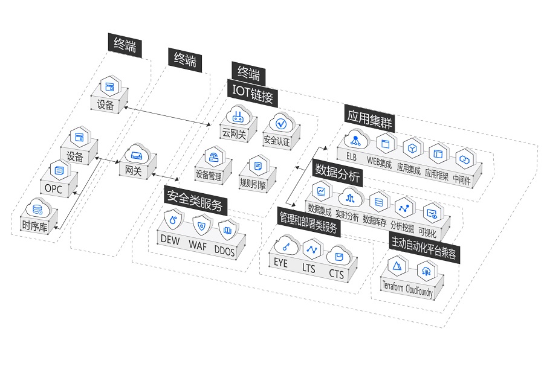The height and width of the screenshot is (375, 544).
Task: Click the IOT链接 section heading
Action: (x=253, y=95)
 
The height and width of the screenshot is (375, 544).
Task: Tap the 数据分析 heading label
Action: (x=337, y=173)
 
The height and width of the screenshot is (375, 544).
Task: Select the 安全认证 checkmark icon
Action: (x=281, y=123)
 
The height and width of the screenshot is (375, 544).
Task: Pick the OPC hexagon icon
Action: (x=59, y=170)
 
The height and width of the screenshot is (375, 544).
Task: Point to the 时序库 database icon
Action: (x=38, y=210)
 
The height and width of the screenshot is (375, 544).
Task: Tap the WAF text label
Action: (x=198, y=246)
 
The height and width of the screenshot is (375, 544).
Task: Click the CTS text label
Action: (x=336, y=274)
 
